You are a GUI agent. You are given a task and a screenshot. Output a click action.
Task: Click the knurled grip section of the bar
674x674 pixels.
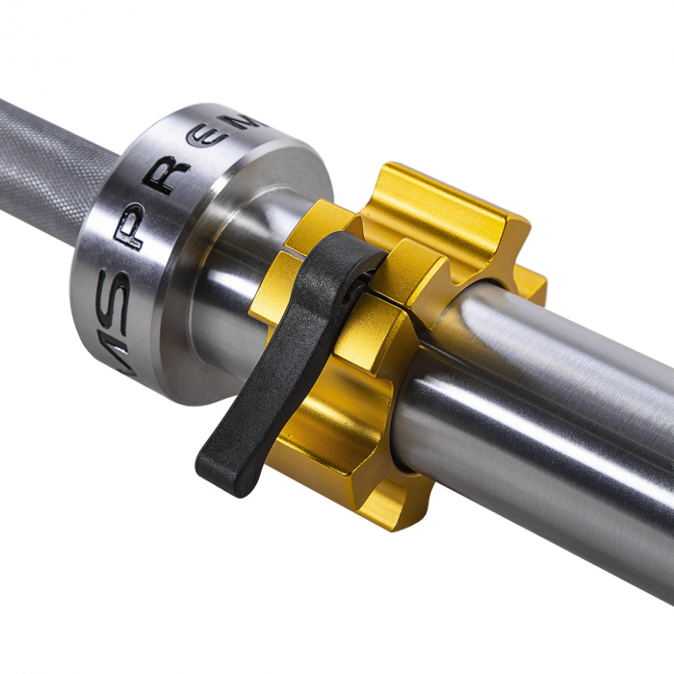tap(48, 173)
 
